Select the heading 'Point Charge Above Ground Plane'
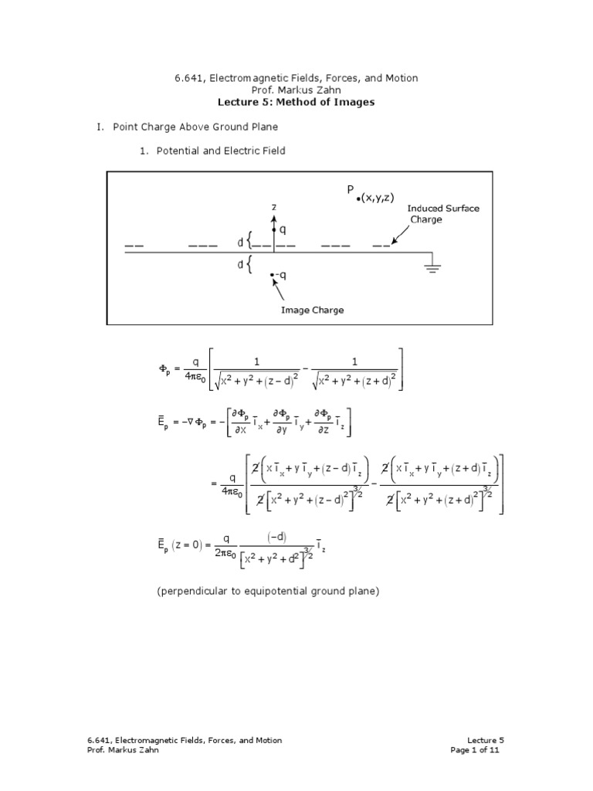(195, 126)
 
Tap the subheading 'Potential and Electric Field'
(221, 151)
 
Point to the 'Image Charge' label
(312, 310)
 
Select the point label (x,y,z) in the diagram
(378, 199)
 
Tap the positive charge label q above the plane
(282, 229)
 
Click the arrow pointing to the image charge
(279, 291)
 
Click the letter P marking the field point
(351, 190)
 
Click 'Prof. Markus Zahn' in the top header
(296, 90)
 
